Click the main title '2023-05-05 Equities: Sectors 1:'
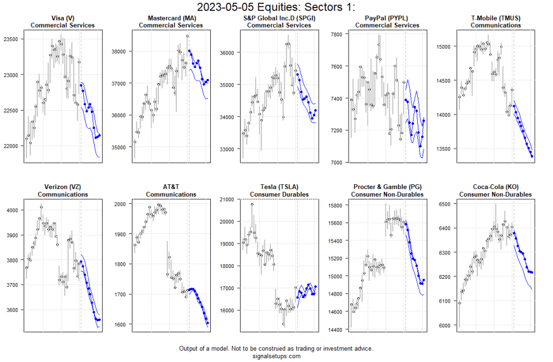pos(276,8)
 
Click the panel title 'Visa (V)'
pos(63,18)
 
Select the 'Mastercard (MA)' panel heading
pos(171,18)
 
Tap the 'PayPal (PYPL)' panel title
pos(387,18)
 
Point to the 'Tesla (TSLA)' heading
pos(279,187)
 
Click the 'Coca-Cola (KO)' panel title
pos(495,187)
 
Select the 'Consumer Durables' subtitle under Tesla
pos(279,194)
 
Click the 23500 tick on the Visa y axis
pos(14,39)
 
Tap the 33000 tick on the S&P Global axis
pos(230,149)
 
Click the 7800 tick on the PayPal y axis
pos(339,34)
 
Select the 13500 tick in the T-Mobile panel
pos(446,149)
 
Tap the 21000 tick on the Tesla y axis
pos(230,199)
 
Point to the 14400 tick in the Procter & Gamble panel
pos(338,330)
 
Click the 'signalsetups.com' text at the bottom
pos(276,356)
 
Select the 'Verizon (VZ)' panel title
pos(63,187)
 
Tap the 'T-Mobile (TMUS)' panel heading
pos(495,18)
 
